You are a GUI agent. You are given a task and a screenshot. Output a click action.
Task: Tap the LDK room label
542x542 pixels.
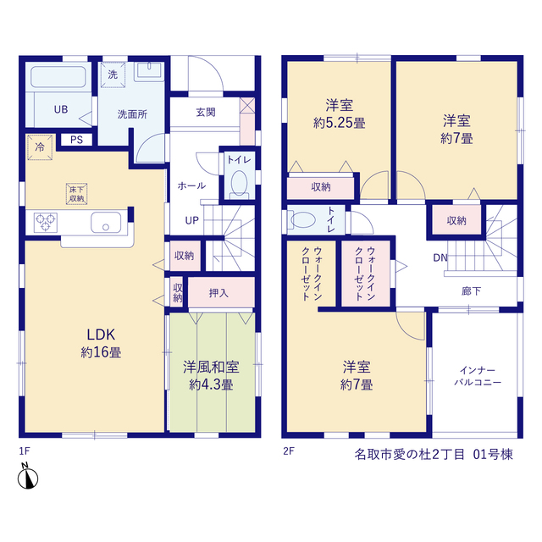pos(101,335)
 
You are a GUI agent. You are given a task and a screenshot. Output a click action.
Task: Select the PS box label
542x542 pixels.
pos(76,140)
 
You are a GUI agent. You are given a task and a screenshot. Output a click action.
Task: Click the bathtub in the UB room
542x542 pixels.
pos(58,77)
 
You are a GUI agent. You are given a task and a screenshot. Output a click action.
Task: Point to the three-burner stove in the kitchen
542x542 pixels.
pos(46,222)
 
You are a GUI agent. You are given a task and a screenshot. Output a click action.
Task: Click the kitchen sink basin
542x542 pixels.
pos(106,223)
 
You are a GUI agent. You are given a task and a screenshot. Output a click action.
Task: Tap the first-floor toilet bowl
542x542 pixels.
pos(239,184)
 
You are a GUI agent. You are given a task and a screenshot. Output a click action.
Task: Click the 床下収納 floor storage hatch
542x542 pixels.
pos(76,194)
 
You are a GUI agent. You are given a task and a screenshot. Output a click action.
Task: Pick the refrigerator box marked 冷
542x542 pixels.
pos(40,147)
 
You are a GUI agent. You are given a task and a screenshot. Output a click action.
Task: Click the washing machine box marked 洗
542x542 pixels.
pos(113,75)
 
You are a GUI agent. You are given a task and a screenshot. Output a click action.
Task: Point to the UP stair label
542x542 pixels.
pos(192,220)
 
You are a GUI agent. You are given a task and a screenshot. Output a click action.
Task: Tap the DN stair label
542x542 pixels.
pos(440,257)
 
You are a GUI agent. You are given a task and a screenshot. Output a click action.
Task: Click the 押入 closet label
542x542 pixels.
pos(218,293)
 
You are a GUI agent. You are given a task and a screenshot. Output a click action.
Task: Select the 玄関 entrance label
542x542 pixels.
pos(206,112)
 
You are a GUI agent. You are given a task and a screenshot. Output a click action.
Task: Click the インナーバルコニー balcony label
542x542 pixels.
pos(478,376)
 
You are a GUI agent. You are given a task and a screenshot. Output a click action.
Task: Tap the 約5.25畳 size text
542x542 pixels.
pos(339,123)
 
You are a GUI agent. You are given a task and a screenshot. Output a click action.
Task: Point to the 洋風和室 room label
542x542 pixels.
pos(211,367)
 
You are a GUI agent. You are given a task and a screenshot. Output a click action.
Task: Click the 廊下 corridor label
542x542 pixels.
pos(471,291)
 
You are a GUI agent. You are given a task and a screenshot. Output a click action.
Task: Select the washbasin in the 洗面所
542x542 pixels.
pos(149,71)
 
